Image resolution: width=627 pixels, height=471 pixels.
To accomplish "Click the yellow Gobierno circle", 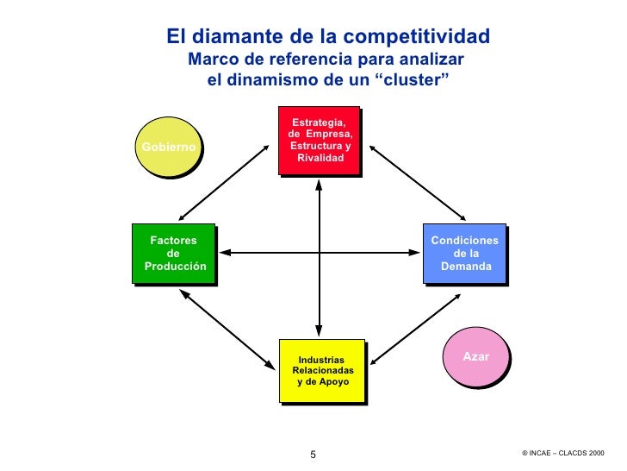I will click(171, 147).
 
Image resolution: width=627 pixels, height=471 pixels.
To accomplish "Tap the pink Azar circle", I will click(475, 356).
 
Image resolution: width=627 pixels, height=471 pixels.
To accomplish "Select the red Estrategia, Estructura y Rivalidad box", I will click(318, 141).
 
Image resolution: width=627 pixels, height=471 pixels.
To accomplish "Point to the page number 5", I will click(313, 455).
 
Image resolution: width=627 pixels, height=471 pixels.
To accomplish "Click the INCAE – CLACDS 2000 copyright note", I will click(563, 453).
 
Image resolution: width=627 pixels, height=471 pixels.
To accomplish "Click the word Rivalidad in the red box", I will click(320, 159).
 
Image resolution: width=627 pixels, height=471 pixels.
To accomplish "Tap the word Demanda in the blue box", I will click(466, 267).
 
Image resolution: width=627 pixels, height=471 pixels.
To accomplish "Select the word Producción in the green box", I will click(175, 267).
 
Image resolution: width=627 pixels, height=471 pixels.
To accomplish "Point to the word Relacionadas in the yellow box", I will click(323, 370).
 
